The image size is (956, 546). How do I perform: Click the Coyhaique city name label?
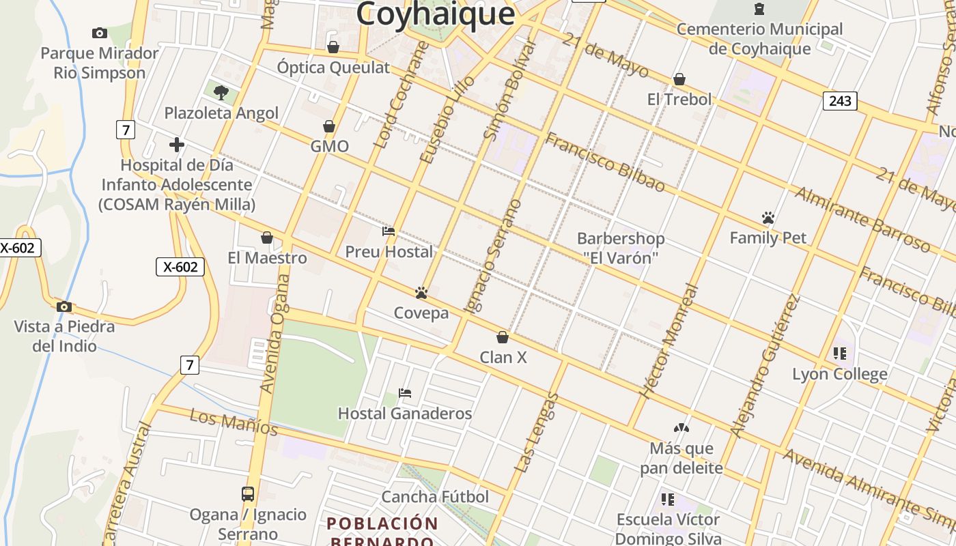[x=435, y=14]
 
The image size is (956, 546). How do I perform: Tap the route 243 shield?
[x=840, y=101]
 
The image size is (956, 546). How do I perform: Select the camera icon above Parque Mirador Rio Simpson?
[x=100, y=33]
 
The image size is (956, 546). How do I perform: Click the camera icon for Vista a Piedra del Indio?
[x=64, y=306]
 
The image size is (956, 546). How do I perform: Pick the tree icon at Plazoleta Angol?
[x=221, y=92]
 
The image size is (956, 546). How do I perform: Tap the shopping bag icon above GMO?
[x=329, y=126]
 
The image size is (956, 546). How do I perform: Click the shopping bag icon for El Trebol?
[x=679, y=79]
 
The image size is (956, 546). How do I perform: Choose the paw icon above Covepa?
[x=421, y=293]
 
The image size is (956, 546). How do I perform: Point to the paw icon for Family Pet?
[x=768, y=218]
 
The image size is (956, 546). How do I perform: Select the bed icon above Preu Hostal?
[x=389, y=231]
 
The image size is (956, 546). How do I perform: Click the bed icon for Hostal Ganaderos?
[x=405, y=393]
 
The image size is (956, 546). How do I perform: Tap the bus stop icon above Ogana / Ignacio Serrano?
[x=248, y=493]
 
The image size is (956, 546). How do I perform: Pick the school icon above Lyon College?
[x=840, y=354]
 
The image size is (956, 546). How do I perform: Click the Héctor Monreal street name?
[x=670, y=341]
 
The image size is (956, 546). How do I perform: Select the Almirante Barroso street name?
[x=862, y=220]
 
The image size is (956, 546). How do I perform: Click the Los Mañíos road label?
[x=234, y=422]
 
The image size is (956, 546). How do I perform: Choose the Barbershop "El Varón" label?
[x=621, y=248]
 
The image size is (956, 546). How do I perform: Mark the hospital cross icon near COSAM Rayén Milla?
[x=177, y=145]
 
